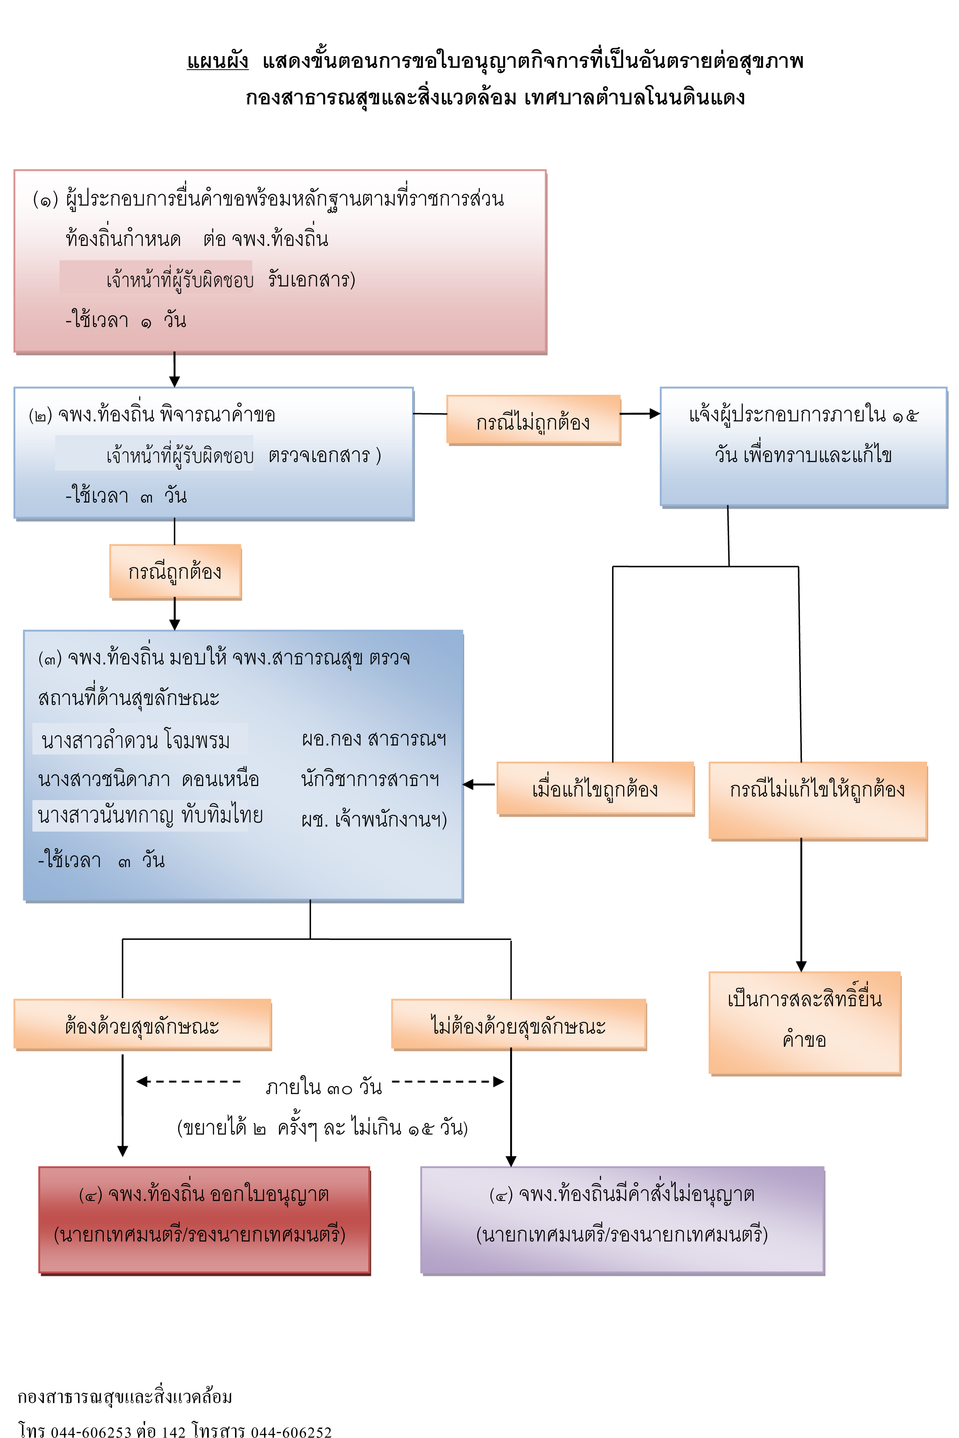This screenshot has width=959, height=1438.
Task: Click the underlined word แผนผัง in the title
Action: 218,60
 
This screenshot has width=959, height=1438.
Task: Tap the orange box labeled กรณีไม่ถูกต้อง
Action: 533,420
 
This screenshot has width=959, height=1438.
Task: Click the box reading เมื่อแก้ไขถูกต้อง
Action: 595,789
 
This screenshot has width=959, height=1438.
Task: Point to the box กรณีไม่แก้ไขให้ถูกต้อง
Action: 818,801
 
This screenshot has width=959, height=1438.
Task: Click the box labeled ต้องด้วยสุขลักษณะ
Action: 142,1025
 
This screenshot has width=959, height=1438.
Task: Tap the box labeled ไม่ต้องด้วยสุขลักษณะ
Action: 518,1025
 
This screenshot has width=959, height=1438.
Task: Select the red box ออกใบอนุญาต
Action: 204,1221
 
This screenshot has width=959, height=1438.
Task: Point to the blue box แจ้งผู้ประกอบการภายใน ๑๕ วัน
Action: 804,447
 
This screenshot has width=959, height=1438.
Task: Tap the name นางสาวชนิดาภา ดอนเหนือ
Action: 148,779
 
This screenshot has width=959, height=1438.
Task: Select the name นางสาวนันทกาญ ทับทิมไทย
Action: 151,815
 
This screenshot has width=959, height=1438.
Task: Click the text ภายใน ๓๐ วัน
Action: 324,1087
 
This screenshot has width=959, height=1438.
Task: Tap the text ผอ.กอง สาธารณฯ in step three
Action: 374,739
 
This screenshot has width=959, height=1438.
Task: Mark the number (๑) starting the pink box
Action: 45,199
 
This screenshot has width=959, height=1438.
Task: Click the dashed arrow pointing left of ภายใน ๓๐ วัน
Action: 188,1081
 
